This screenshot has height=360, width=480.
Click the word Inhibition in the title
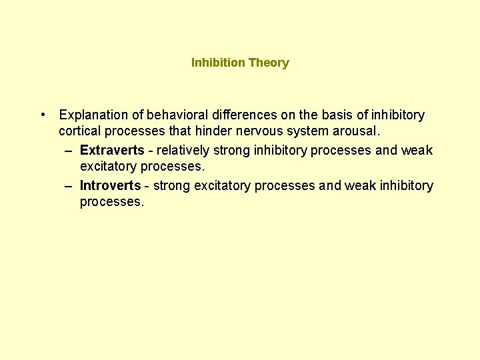[x=218, y=63]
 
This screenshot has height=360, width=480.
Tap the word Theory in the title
[x=269, y=63]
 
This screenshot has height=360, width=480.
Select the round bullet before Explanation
[x=42, y=115]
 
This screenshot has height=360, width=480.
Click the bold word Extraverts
[x=111, y=150]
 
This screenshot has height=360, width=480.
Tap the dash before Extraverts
[x=69, y=150]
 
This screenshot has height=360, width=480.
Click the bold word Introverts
[x=110, y=185]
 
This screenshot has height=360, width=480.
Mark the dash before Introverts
[x=69, y=185]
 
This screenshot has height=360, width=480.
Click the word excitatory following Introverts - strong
[x=221, y=185]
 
